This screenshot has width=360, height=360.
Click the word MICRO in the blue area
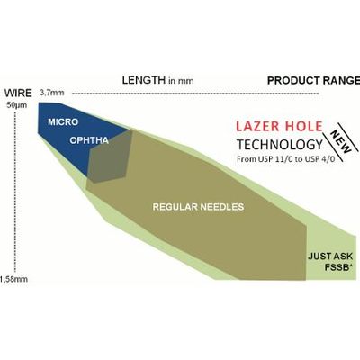click(x=63, y=122)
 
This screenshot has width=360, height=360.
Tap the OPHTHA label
click(x=89, y=140)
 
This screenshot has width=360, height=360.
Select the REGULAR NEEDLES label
click(x=198, y=207)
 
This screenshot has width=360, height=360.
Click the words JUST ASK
click(x=330, y=256)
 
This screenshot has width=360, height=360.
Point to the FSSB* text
click(x=338, y=267)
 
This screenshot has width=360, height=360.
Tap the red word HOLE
click(x=304, y=126)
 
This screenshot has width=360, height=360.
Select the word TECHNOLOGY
click(x=280, y=145)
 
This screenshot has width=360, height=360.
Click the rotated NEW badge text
click(x=341, y=141)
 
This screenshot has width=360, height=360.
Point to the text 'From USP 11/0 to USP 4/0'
click(x=290, y=159)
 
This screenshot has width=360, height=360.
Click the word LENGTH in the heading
click(x=144, y=80)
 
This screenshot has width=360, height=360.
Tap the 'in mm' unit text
click(x=181, y=81)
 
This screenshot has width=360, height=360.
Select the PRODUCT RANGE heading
click(x=313, y=80)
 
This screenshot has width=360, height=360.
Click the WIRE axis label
click(x=18, y=94)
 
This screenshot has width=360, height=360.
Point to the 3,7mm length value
click(x=52, y=93)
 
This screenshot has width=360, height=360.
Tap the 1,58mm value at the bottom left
click(x=13, y=279)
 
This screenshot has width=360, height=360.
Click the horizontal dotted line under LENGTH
click(x=195, y=94)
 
